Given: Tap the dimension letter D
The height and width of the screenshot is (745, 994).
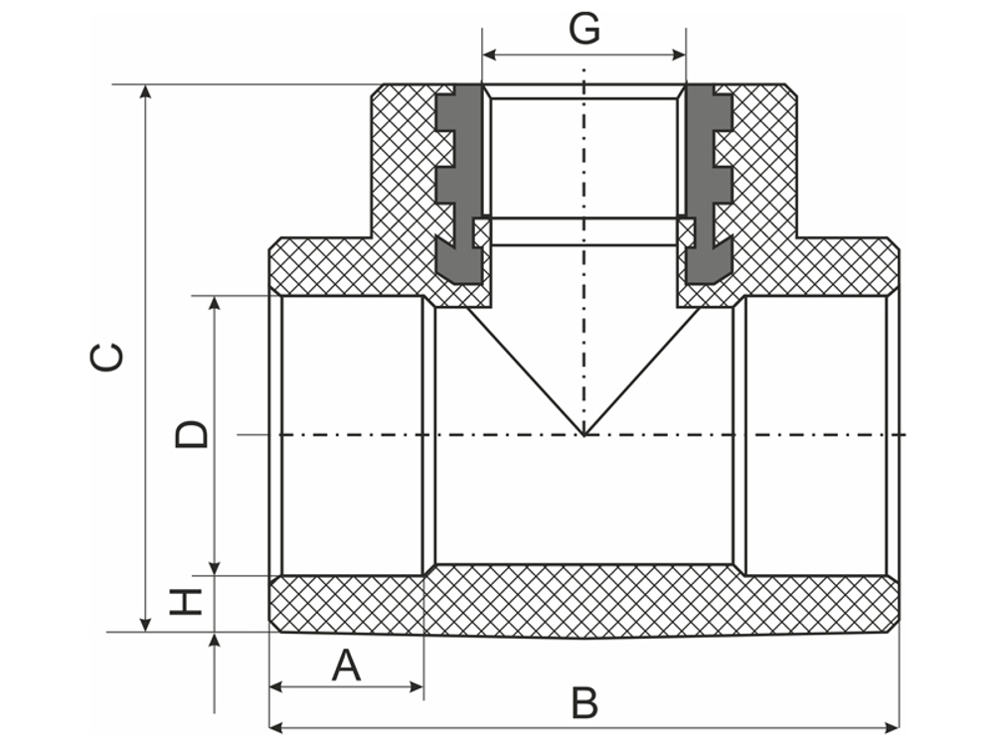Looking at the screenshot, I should tap(193, 434).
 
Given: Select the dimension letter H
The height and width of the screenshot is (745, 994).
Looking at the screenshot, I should tap(186, 602).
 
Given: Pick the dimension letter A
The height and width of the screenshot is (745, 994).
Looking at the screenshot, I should tap(346, 665).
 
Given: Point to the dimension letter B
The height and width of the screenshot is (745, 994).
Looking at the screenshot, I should tap(584, 703).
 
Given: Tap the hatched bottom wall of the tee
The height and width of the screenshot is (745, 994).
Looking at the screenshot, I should tap(584, 601).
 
